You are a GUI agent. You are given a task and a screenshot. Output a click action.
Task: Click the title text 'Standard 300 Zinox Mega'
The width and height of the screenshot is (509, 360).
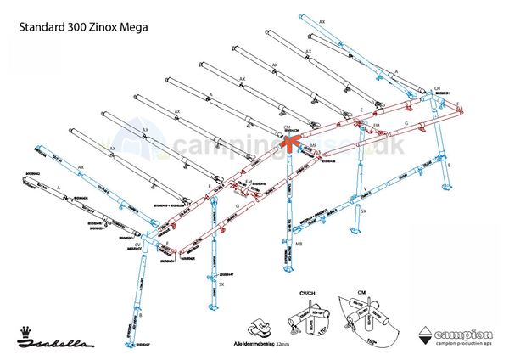(x=83, y=25)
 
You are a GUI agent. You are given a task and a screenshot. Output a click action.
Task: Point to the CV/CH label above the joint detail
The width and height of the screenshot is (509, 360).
(x=306, y=292)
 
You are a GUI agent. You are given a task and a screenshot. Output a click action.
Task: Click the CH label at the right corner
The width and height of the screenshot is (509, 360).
(x=438, y=88)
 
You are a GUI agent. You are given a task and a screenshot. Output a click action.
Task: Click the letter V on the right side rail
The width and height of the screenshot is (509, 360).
(x=364, y=188)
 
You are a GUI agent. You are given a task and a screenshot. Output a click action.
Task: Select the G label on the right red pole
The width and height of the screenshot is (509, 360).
(x=406, y=123)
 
